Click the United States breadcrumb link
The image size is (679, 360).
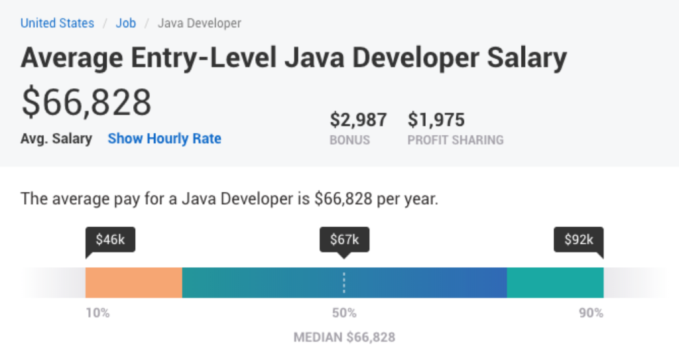click(x=57, y=23)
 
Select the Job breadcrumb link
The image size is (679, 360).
click(x=126, y=23)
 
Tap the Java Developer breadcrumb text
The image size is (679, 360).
click(x=199, y=23)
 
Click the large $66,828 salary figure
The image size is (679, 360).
click(x=86, y=102)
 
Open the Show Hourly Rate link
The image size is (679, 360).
click(x=164, y=139)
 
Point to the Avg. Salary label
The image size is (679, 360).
click(x=56, y=139)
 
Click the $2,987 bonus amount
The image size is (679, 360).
click(x=358, y=120)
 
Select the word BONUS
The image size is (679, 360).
click(x=349, y=140)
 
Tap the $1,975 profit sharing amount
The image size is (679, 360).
click(x=436, y=120)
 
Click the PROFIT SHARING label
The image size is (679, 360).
click(x=456, y=140)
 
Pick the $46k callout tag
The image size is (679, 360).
click(x=110, y=240)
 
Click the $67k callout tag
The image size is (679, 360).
click(x=344, y=240)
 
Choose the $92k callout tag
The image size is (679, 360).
click(x=579, y=240)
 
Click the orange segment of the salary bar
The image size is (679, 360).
click(x=133, y=282)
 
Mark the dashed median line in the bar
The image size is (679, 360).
click(x=344, y=282)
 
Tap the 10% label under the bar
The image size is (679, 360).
click(x=97, y=313)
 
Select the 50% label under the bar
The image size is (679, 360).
click(x=344, y=313)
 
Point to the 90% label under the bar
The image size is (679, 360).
click(x=590, y=313)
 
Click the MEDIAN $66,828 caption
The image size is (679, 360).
click(x=344, y=337)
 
